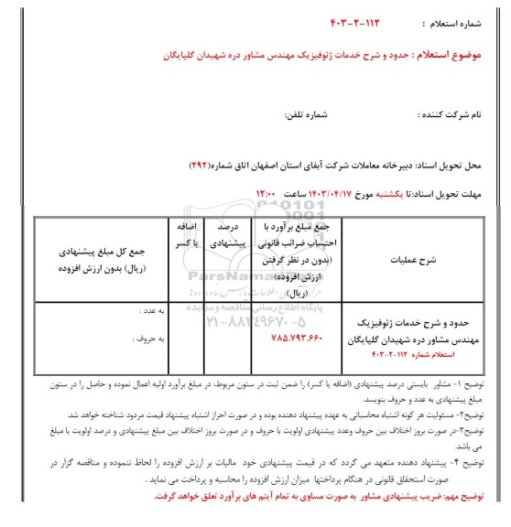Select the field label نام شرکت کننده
pyautogui.click(x=459, y=117)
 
